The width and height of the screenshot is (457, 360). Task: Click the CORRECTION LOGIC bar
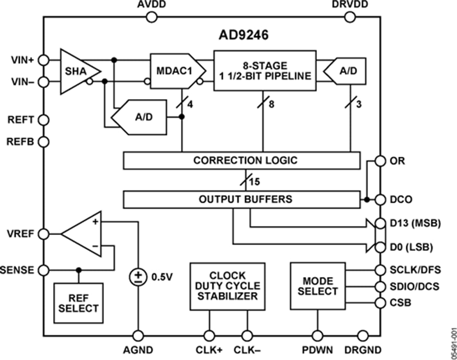(x=241, y=161)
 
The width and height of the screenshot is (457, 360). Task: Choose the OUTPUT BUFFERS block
(x=241, y=199)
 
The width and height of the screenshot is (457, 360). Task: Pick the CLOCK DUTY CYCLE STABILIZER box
(x=228, y=286)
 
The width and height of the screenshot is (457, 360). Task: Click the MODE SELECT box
(x=317, y=286)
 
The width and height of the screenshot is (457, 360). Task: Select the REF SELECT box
(x=78, y=302)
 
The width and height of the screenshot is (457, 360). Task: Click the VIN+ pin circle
(x=43, y=60)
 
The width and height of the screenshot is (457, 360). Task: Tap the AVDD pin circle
(x=152, y=18)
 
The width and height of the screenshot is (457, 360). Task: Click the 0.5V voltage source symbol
(x=137, y=277)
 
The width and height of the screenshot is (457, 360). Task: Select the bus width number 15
(x=254, y=182)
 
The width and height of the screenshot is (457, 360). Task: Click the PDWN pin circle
(x=318, y=336)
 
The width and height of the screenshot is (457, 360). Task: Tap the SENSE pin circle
(x=43, y=270)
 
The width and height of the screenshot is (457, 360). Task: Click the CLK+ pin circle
(x=210, y=336)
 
